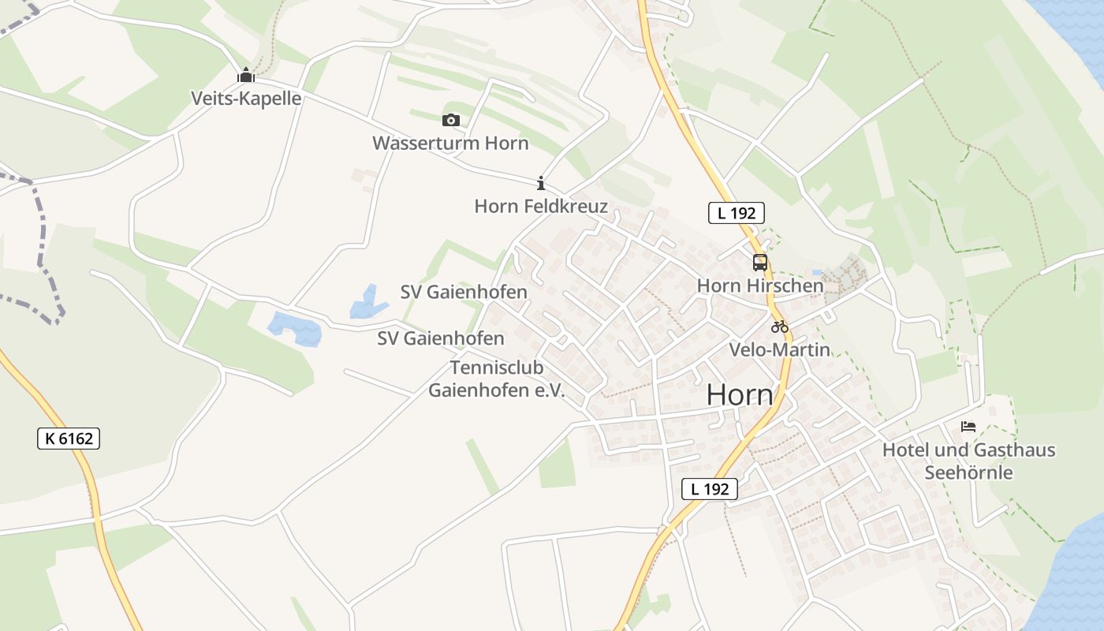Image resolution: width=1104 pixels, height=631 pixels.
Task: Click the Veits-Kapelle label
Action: pos(246,99)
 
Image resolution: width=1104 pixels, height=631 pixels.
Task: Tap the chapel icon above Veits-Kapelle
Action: pos(246,76)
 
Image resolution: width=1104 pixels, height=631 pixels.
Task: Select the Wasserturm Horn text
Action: pos(450,144)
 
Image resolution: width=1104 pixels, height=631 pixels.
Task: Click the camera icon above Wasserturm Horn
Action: pos(450,120)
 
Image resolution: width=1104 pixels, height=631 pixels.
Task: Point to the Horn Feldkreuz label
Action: pos(541,207)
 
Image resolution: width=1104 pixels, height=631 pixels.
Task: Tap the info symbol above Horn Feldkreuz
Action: pos(541,183)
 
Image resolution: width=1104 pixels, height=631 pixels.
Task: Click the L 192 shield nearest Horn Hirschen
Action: pos(736,213)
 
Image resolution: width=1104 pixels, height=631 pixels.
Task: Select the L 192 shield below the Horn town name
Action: pos(709,489)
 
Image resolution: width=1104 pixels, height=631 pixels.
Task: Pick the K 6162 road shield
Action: pos(69,439)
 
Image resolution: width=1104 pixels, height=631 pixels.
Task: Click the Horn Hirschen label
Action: pos(759,286)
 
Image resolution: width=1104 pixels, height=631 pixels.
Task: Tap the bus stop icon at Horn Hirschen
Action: pos(759,263)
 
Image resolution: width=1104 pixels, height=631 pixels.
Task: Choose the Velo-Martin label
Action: pos(779,349)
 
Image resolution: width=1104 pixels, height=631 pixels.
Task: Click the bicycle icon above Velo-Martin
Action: pos(779,327)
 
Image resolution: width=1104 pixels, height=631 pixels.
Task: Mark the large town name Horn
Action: pos(740,395)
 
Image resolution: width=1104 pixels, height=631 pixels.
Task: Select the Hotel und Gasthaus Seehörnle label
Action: pos(968,461)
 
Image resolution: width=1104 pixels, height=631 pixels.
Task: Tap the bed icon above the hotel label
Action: pos(968,427)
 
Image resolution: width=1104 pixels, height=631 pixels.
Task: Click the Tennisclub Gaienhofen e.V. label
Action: pos(497,379)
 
